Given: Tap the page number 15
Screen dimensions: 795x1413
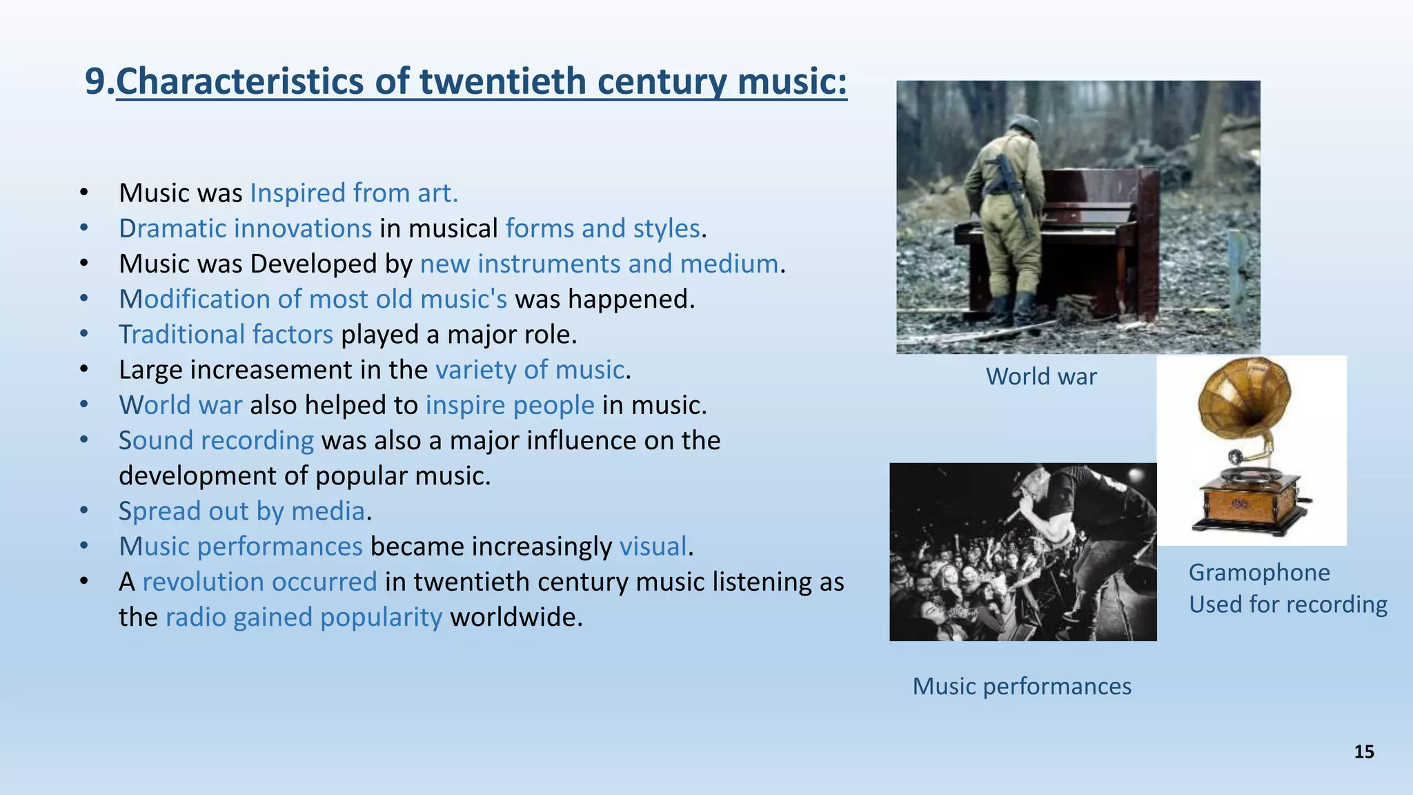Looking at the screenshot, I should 1364,752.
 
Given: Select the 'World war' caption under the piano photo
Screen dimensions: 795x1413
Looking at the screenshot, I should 1041,377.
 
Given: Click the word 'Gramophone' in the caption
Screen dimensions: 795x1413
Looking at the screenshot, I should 1259,573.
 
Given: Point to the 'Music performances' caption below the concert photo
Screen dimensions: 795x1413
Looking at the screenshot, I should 1022,687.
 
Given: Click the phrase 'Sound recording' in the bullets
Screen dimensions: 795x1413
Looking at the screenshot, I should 216,441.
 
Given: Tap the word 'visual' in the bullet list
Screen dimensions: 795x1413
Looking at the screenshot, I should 653,547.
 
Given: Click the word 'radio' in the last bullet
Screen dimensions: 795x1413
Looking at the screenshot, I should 195,618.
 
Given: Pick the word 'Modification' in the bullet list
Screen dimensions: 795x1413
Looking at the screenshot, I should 194,300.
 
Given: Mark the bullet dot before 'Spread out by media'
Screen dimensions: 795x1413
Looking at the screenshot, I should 83,511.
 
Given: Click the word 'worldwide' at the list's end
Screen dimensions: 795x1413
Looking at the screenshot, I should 515,618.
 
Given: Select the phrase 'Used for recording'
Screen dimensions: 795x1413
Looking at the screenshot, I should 1287,605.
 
